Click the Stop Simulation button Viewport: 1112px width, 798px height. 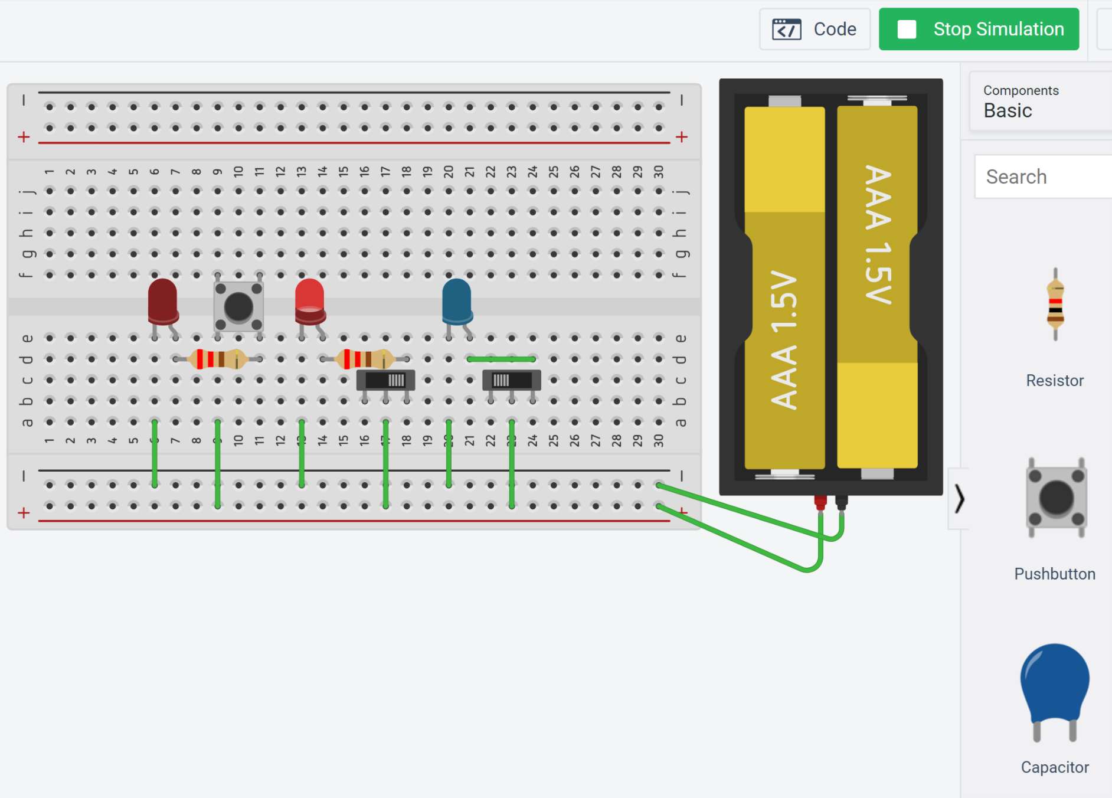coord(979,29)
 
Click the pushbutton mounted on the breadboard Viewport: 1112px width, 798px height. coord(238,306)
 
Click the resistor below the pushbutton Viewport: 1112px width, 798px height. coord(217,359)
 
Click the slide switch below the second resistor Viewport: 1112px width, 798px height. coord(385,380)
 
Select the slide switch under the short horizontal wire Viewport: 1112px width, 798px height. coord(511,380)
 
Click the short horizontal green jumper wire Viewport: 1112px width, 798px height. coord(501,359)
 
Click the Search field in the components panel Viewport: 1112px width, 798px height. coord(1045,176)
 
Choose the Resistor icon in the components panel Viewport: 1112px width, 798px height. coord(1055,305)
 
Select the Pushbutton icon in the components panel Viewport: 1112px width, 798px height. coord(1055,498)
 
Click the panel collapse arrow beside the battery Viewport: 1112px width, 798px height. coord(959,499)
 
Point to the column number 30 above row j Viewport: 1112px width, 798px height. coord(659,172)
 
